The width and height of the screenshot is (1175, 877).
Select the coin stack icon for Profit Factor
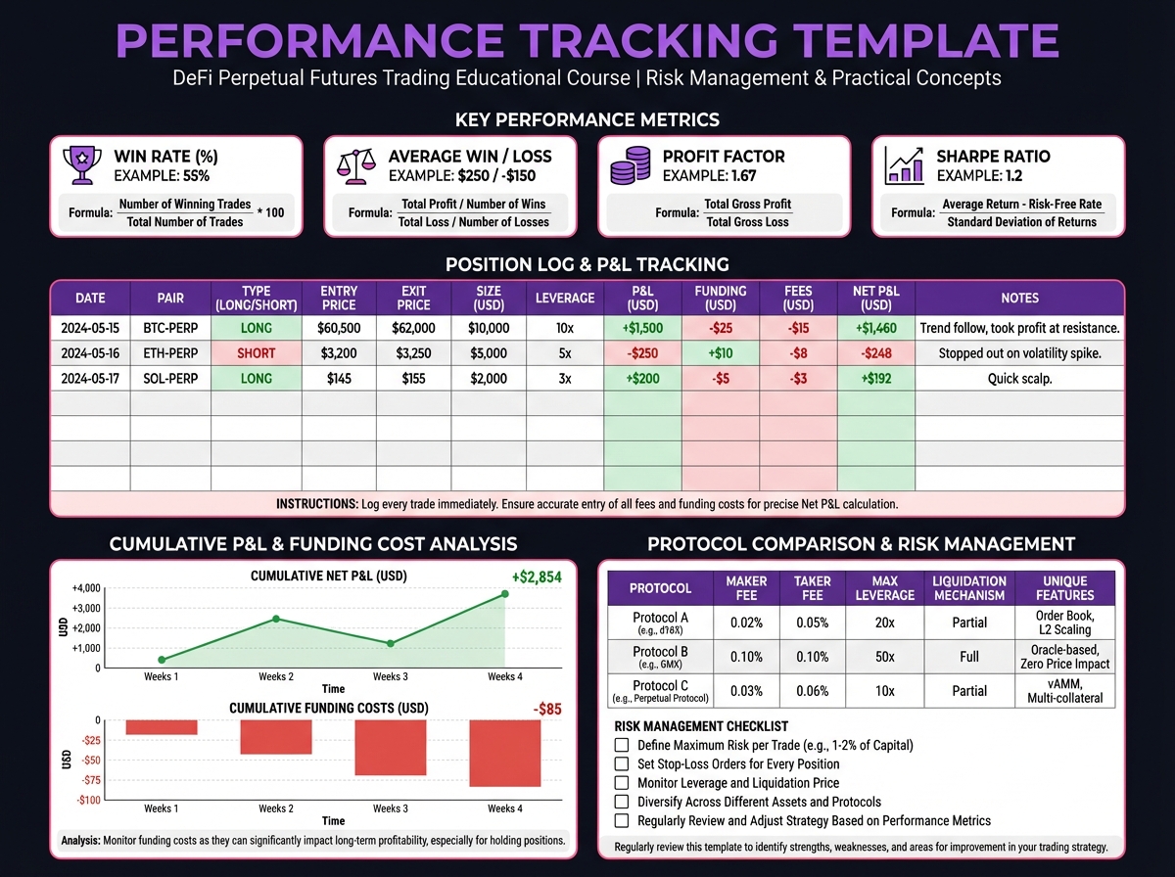point(629,165)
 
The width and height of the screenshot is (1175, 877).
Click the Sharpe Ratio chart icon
point(904,165)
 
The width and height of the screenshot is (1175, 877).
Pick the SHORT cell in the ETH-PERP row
point(257,353)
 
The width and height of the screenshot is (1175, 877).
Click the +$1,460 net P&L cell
point(876,328)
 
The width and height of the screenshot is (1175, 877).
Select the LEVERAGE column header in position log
point(565,298)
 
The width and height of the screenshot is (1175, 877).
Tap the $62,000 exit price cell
point(413,328)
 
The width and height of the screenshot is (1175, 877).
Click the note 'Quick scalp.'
point(1020,378)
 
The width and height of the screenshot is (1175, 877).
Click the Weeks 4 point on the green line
point(505,593)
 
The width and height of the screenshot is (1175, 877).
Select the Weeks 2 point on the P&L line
point(276,619)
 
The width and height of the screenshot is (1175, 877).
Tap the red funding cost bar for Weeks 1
point(162,727)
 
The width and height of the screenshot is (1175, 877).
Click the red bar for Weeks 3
point(390,748)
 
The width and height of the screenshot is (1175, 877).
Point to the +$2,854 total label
point(536,577)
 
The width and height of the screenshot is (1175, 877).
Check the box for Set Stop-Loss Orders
point(622,763)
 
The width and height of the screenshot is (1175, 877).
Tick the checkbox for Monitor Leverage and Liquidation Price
point(622,783)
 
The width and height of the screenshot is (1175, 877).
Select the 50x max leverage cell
point(884,657)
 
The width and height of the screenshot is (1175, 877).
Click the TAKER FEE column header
point(812,588)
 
